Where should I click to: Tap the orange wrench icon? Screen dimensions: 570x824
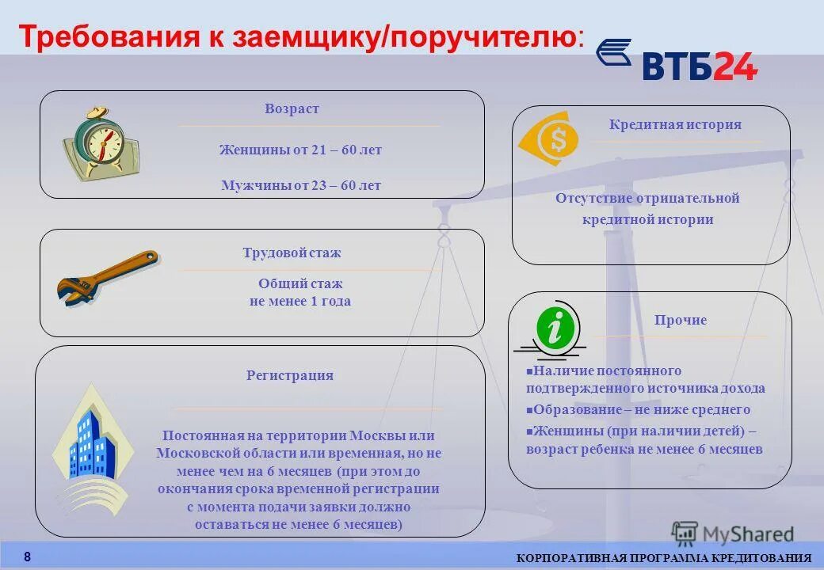tap(107, 277)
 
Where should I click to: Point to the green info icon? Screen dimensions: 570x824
tap(555, 327)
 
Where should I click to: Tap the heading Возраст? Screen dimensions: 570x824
tap(292, 109)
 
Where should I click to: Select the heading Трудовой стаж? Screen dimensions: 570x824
tap(292, 253)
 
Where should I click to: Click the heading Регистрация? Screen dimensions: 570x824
tap(289, 376)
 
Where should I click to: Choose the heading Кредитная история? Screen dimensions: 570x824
tap(675, 124)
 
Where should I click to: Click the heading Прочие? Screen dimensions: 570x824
tap(680, 321)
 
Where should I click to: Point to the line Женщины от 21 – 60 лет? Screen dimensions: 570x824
tap(300, 150)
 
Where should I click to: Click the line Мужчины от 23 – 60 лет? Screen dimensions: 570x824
tap(300, 186)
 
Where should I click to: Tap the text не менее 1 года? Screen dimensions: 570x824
tap(299, 302)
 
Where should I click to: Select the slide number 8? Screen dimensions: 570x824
tap(27, 557)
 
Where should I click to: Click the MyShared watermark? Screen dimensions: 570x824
tap(733, 534)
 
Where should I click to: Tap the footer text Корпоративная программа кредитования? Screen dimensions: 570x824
tap(664, 559)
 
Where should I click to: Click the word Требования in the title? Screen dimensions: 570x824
tap(107, 37)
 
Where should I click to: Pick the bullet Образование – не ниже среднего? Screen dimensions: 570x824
tap(641, 410)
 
